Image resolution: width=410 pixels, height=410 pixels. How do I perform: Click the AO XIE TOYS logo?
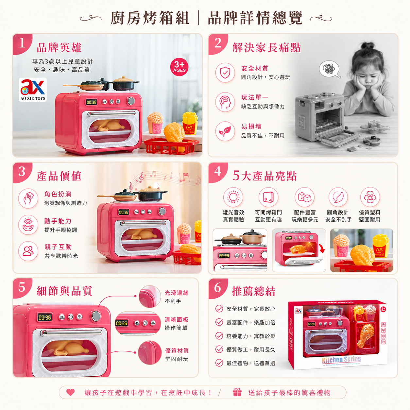33,90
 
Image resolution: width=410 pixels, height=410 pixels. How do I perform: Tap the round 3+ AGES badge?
179,67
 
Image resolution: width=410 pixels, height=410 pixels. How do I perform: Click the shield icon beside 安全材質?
225,73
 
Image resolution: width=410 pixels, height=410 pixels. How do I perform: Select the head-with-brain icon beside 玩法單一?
225,102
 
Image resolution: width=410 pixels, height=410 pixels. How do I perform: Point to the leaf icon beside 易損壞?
225,131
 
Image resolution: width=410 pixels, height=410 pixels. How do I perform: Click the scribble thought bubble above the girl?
329,69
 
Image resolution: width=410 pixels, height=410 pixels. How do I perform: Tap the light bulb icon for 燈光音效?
233,197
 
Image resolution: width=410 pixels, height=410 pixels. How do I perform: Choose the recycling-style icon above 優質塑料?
370,197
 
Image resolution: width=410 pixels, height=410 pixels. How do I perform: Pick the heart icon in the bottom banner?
70,392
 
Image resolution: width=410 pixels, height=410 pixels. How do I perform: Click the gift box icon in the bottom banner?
237,392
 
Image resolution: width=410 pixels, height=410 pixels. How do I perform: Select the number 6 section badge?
217,288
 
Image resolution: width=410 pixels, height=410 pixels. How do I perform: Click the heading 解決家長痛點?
267,47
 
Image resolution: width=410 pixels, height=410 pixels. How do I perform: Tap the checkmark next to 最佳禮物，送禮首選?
219,363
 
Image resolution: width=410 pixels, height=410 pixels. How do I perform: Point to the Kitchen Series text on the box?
341,360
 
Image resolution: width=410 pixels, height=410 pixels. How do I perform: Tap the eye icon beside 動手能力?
28,225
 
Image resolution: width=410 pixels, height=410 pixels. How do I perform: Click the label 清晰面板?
176,319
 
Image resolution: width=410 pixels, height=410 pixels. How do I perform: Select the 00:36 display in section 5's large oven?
44,318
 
